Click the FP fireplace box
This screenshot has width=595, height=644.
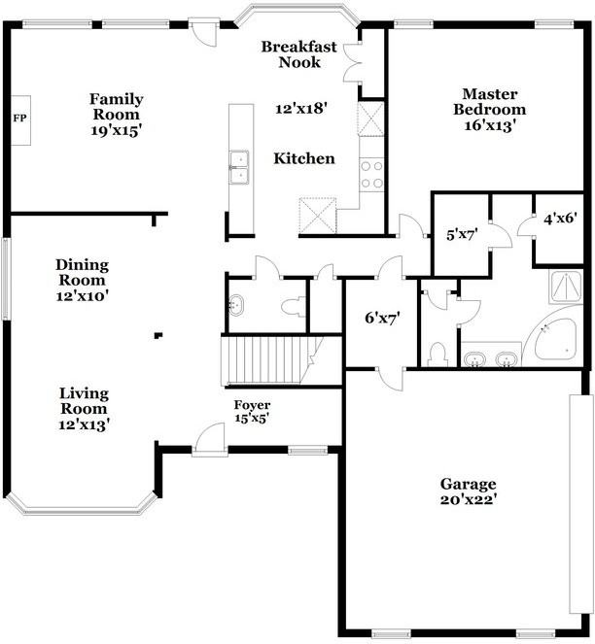[19, 119]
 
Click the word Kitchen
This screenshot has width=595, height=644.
[303, 158]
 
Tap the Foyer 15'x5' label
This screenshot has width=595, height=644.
[252, 412]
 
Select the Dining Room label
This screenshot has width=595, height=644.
[82, 273]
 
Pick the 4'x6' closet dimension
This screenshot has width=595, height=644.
[560, 220]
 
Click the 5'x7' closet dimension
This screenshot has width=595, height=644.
[457, 234]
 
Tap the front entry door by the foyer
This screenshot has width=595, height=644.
[208, 442]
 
